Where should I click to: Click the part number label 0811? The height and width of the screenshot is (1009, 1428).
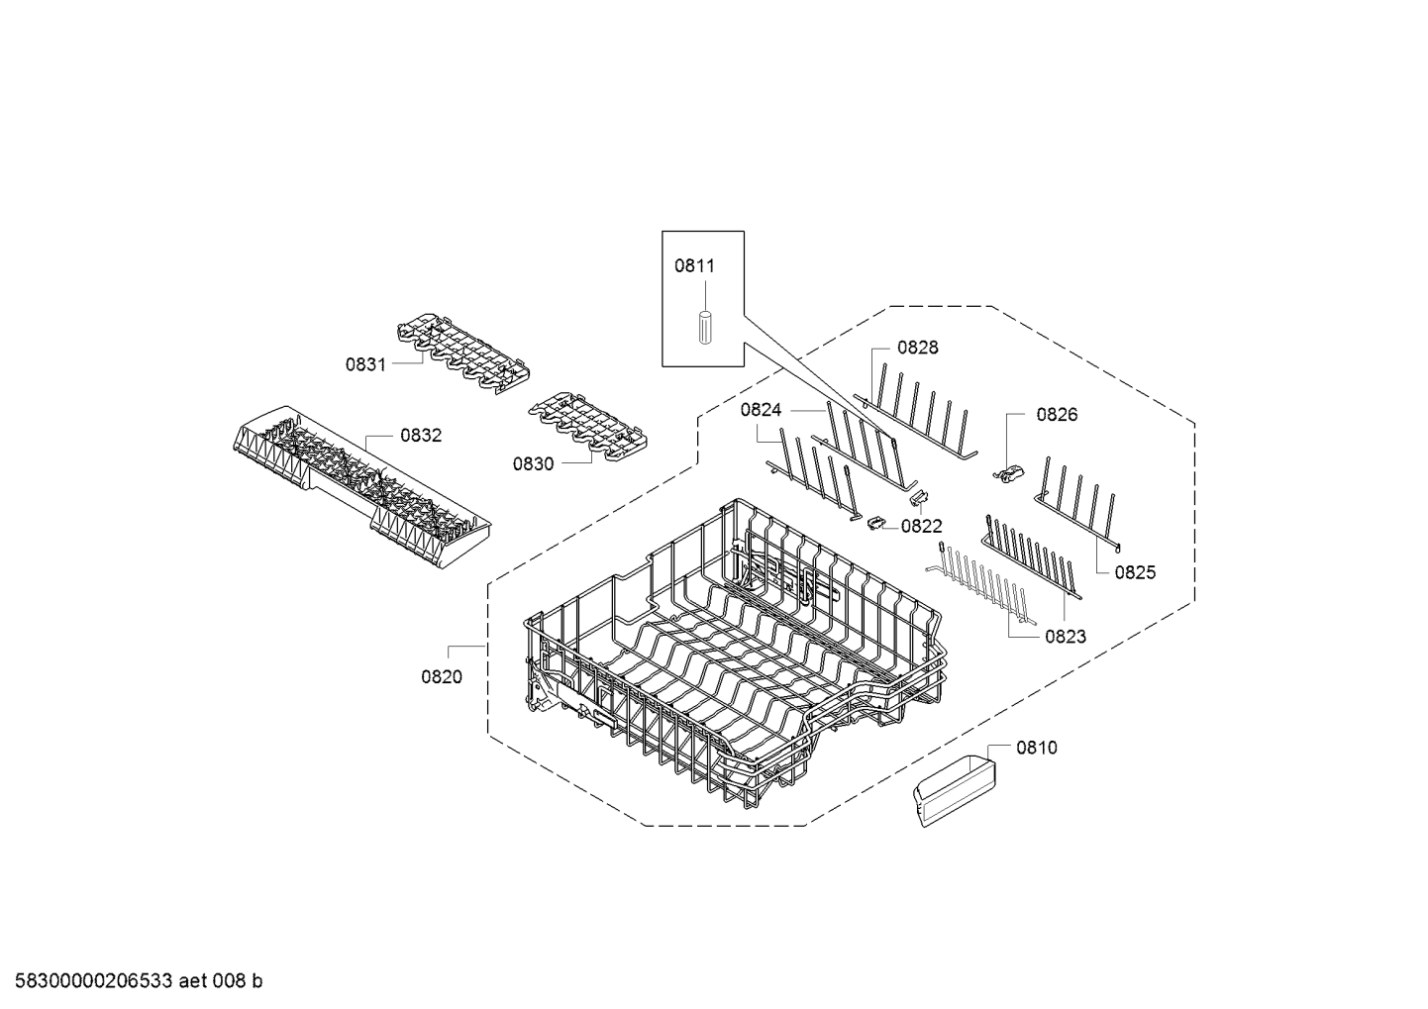point(694,265)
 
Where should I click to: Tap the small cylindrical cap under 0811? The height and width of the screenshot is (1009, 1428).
point(705,327)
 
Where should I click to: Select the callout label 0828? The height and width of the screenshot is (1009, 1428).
point(917,348)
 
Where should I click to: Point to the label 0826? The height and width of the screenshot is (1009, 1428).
point(1057,415)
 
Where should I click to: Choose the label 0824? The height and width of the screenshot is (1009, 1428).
point(761,410)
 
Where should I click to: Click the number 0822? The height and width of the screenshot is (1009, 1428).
point(921,527)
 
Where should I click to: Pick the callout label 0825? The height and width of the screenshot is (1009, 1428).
point(1135,572)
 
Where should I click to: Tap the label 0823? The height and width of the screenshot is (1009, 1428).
point(1066,636)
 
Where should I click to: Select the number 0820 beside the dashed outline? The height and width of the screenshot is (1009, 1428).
point(441,677)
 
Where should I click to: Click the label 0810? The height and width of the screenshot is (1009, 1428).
point(1037,747)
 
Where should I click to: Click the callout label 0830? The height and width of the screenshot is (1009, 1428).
point(533,464)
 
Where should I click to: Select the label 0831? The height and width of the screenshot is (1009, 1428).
point(365,364)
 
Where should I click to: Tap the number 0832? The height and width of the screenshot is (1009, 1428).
point(421,436)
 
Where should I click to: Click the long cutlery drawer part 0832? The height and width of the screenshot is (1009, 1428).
point(361,486)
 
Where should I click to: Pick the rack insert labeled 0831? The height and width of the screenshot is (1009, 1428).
point(463,353)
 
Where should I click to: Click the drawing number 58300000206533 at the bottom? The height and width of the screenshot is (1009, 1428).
point(93,981)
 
